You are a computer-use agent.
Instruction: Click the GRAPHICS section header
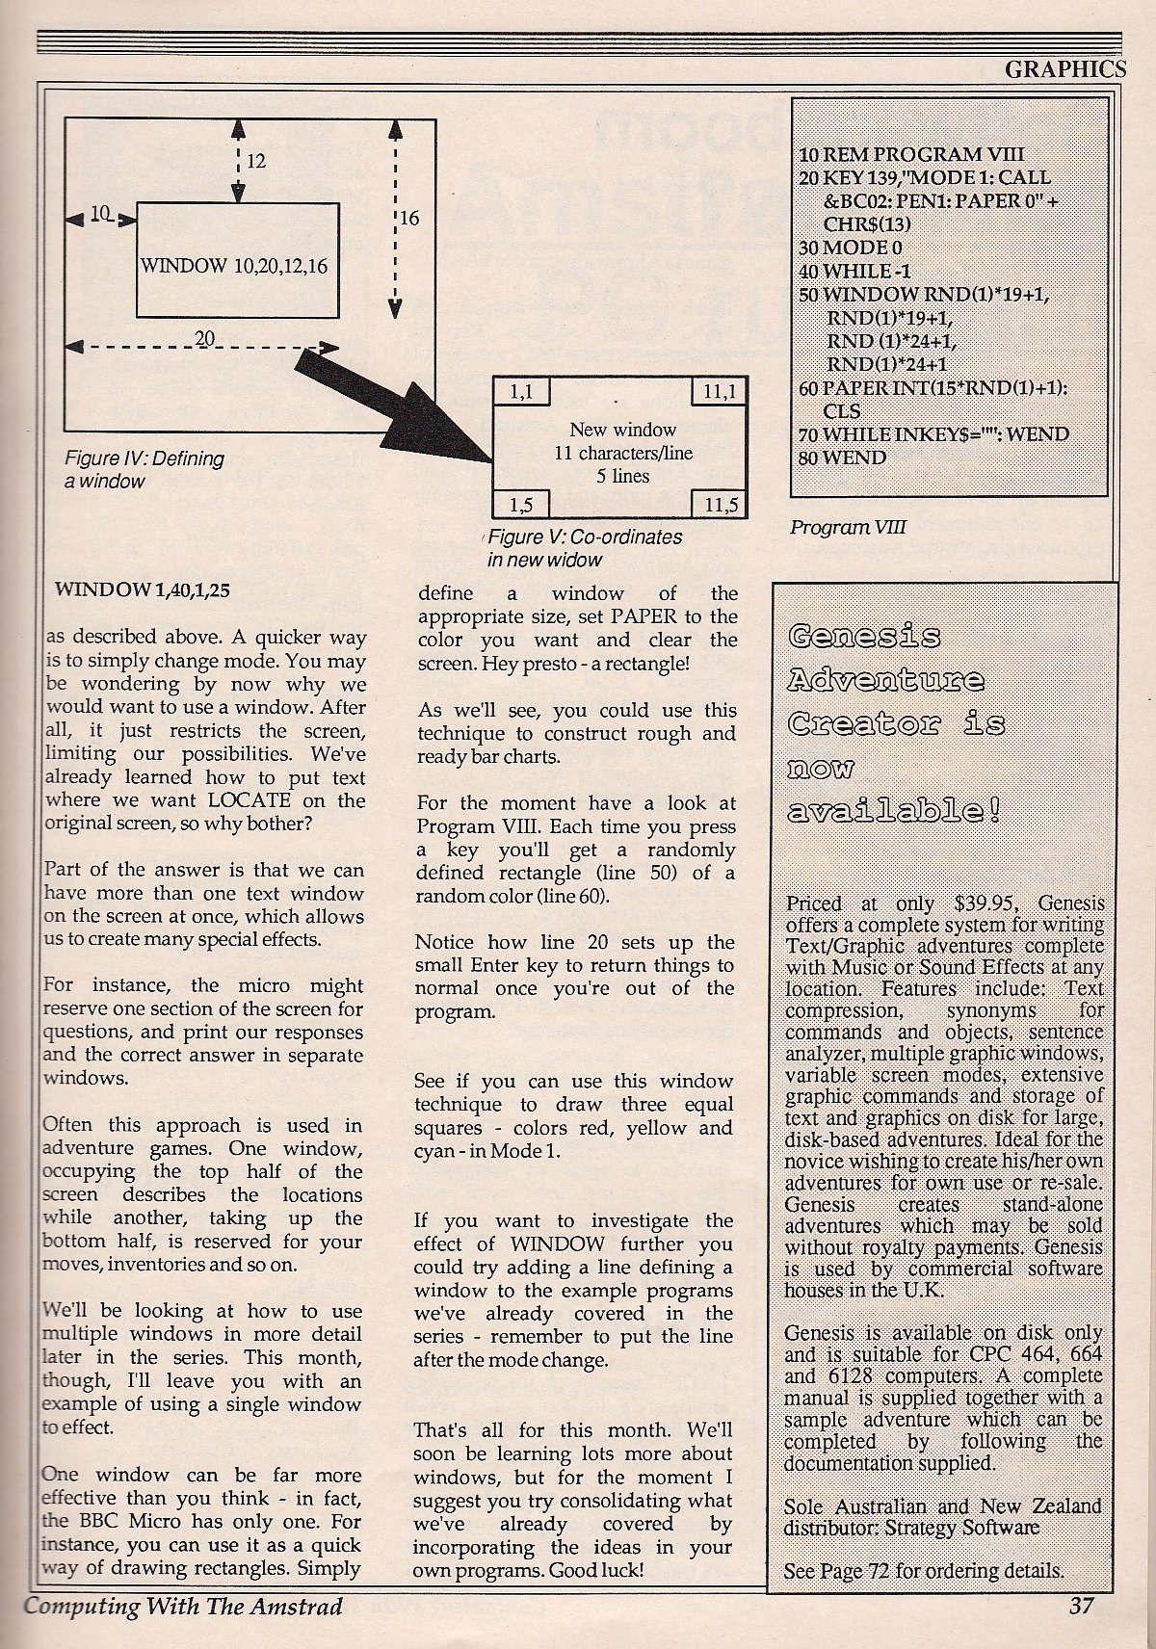(x=1064, y=68)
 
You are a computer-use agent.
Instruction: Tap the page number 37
(x=1081, y=1606)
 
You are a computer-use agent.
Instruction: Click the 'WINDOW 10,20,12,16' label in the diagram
(x=234, y=265)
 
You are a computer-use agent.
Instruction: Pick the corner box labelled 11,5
(x=721, y=505)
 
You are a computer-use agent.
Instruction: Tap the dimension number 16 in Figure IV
(x=408, y=219)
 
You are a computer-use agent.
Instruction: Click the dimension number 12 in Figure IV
(x=255, y=161)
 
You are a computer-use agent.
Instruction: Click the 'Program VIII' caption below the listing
(x=848, y=527)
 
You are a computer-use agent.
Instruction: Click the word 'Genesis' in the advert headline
(x=864, y=637)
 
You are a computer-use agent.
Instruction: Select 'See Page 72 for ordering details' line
(x=924, y=1570)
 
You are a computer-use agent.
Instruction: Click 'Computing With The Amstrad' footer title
(x=183, y=1606)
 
